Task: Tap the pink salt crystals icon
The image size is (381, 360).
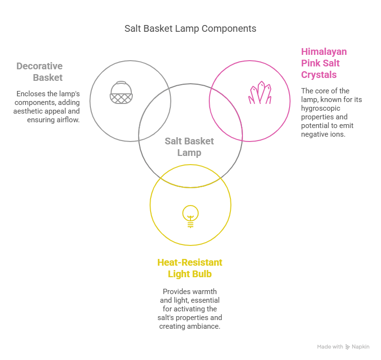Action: coord(259,93)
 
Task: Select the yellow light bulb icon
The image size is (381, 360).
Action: coord(190,216)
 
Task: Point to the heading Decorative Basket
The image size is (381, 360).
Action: coord(40,72)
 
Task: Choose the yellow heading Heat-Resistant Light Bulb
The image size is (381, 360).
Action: coord(190,268)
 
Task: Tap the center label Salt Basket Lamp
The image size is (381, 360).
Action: coord(190,147)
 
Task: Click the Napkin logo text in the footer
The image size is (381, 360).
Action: coord(360,347)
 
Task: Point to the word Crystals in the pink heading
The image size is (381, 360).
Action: coord(318,75)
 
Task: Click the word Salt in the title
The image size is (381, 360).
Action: coord(132,28)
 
